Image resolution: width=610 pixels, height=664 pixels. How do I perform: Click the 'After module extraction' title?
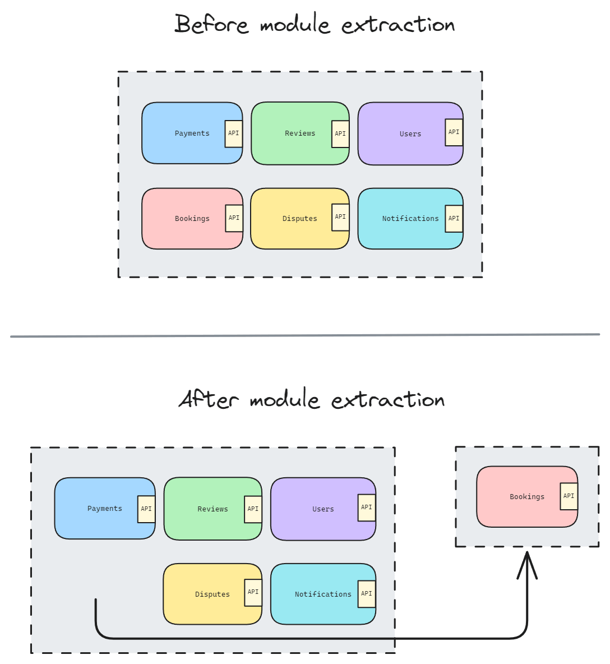click(312, 400)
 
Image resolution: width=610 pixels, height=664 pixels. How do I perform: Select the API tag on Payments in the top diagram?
click(234, 133)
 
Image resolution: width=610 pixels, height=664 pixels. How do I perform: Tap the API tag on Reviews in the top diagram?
click(340, 134)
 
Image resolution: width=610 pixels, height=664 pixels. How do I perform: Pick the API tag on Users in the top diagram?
click(454, 132)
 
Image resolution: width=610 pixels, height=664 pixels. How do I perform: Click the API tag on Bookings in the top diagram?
click(234, 218)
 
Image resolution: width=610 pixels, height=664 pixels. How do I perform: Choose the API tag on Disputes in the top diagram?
click(340, 217)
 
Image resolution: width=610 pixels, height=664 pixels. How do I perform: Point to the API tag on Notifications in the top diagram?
click(454, 219)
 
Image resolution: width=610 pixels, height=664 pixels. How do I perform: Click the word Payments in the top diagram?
click(192, 133)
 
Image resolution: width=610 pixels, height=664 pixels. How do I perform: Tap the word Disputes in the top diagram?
click(299, 219)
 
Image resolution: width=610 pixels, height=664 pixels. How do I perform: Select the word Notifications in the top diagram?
click(410, 219)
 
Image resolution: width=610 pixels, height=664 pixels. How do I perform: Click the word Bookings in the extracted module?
click(526, 497)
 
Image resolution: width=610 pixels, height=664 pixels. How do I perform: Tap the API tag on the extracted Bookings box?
click(569, 496)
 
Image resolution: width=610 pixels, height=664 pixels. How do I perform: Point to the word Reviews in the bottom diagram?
click(212, 509)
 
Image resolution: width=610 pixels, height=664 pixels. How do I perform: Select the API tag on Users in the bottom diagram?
click(367, 508)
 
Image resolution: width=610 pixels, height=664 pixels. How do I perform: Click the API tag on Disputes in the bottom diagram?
click(253, 592)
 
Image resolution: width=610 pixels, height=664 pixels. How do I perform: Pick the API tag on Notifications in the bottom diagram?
click(367, 594)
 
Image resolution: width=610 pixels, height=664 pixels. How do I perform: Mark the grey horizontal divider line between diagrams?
click(305, 335)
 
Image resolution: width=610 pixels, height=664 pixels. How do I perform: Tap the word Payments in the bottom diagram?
click(104, 509)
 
